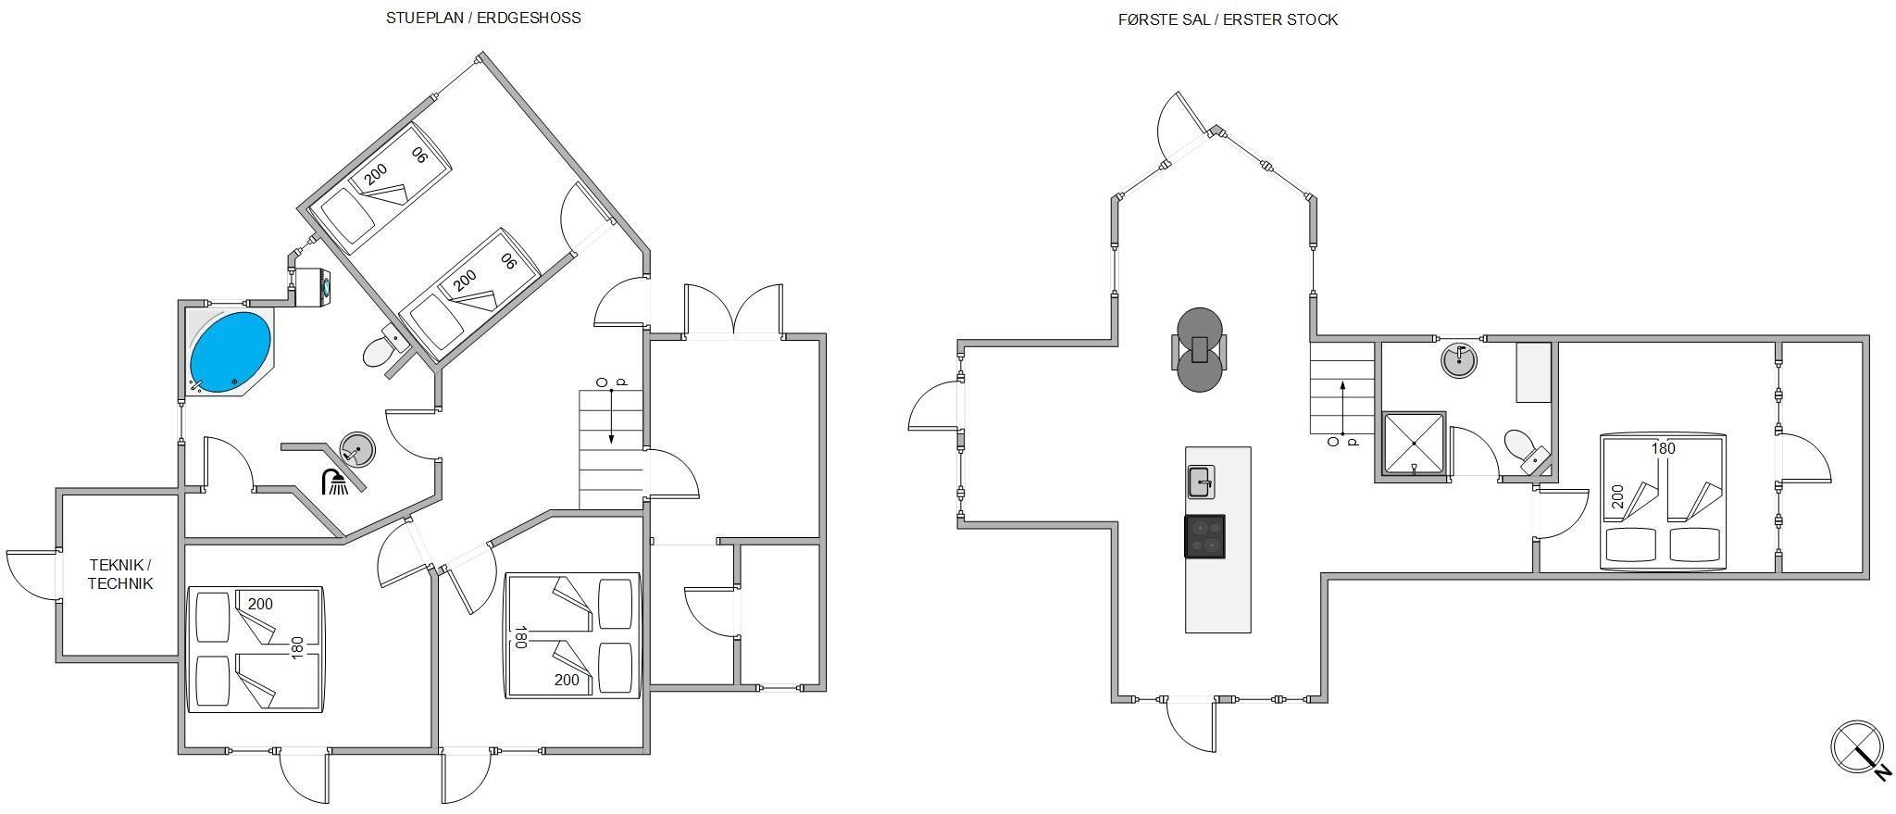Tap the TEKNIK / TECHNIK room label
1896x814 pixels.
120,574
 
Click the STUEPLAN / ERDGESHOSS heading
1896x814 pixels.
483,18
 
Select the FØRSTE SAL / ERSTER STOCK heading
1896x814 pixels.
1228,19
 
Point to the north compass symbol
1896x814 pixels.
1859,748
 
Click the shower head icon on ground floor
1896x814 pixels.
335,482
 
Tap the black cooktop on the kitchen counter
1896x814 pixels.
1204,536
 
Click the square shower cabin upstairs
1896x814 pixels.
1413,444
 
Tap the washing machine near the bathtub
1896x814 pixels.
312,286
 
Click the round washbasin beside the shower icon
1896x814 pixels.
357,449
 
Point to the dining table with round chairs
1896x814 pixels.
1200,350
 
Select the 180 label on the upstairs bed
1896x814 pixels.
1664,448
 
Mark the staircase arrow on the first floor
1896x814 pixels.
1341,407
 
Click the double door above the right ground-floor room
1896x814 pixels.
733,310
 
